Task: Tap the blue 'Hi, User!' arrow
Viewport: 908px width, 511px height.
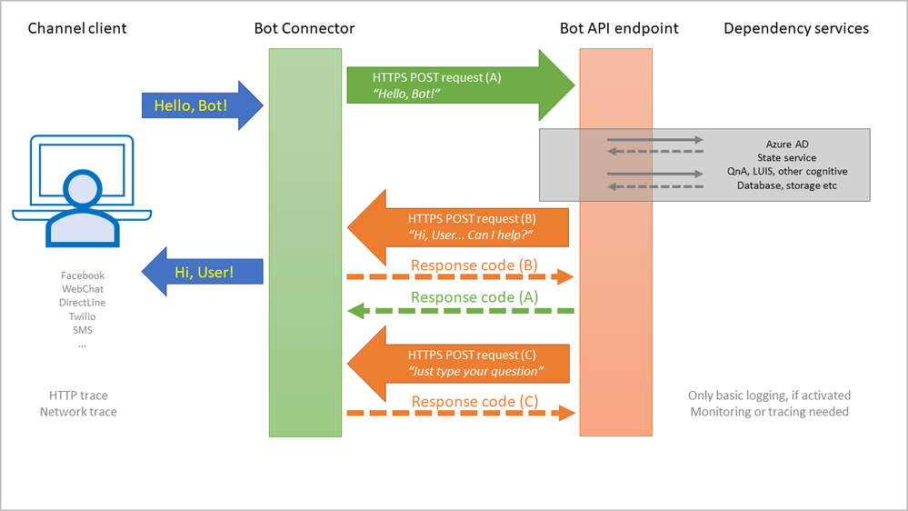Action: [x=202, y=271]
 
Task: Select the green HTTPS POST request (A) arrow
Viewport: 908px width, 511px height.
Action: [x=459, y=85]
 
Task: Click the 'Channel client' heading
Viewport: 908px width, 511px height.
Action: [x=77, y=28]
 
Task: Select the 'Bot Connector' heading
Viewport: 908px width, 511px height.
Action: [x=304, y=28]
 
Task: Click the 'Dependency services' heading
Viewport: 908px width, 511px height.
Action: [x=796, y=28]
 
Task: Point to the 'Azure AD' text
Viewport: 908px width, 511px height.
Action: [x=787, y=144]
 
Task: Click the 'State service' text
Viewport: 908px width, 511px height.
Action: [x=787, y=157]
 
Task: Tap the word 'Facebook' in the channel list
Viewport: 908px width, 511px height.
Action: [x=83, y=276]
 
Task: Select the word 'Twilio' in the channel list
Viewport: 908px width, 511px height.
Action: [x=83, y=316]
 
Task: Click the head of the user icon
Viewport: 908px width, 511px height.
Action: [x=83, y=187]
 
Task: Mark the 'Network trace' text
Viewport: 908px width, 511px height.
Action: [x=78, y=412]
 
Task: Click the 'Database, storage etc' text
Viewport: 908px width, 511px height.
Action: [x=787, y=185]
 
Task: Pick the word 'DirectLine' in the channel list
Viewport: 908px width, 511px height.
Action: [x=83, y=303]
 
